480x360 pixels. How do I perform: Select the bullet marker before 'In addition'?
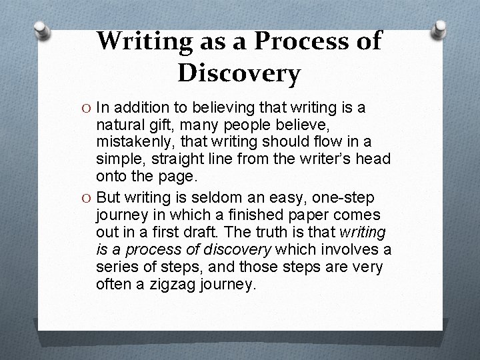point(87,108)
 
